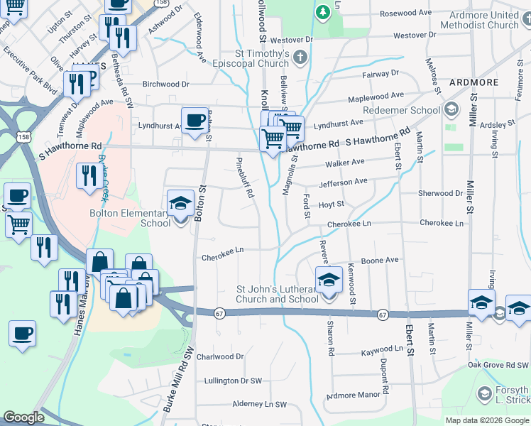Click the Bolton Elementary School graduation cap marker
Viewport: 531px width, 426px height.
point(180,204)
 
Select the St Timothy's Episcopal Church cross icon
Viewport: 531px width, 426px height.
point(300,57)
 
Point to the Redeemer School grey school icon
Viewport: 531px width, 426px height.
point(450,110)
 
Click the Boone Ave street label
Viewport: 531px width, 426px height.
point(380,261)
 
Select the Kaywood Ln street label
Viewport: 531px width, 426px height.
point(381,349)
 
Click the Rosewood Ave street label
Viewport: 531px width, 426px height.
point(405,13)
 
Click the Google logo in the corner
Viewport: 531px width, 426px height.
point(23,417)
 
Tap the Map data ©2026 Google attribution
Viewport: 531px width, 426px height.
point(486,420)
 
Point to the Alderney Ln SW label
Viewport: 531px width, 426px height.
point(259,404)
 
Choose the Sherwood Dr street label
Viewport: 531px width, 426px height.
point(440,193)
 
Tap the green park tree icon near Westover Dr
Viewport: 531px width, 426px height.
point(322,12)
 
